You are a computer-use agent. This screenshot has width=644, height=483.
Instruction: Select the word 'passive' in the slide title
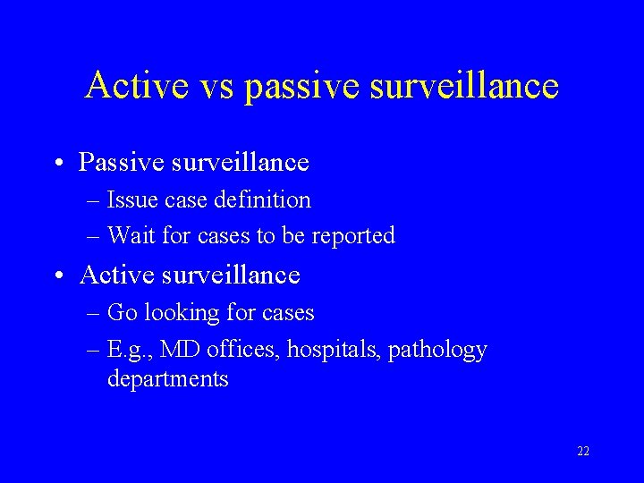point(297,87)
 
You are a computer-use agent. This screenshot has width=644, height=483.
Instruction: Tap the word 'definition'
point(264,200)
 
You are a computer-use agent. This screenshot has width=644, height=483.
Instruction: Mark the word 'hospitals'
point(335,350)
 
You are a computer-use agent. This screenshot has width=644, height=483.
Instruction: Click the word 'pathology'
point(439,350)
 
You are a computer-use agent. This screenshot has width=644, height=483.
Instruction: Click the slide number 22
point(583,452)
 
